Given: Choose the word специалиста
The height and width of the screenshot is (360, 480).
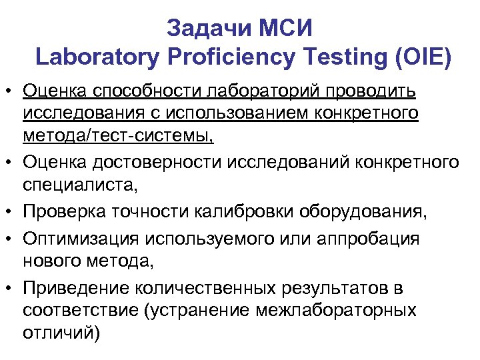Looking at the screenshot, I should click(x=75, y=184).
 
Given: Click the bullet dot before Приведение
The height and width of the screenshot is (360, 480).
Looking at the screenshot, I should click(x=11, y=289).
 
